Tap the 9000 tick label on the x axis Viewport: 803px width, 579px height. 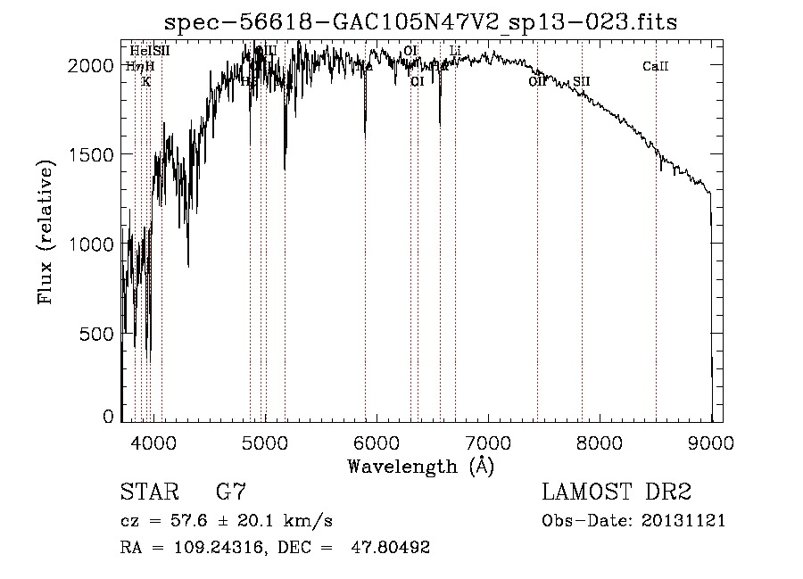[710, 442]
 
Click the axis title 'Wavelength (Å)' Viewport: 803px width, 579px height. [420, 465]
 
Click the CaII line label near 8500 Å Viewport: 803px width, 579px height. [656, 66]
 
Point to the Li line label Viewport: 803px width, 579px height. [455, 51]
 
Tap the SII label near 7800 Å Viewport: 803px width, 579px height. [582, 81]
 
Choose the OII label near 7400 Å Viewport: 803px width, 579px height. [537, 81]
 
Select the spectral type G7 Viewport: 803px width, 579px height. [230, 492]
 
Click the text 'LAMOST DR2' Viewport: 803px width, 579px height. [617, 492]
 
